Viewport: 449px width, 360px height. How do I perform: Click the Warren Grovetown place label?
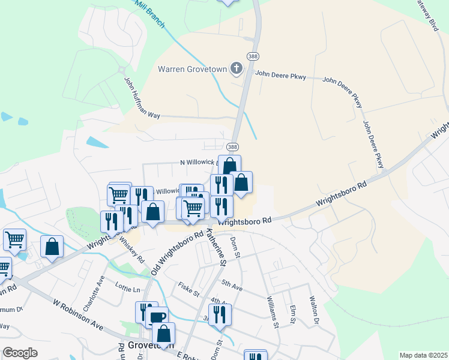click(x=193, y=69)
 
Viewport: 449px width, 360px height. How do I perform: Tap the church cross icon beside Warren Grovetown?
click(x=236, y=68)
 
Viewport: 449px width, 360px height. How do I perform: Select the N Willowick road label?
click(x=197, y=162)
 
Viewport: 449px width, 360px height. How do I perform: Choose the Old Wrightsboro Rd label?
click(x=176, y=252)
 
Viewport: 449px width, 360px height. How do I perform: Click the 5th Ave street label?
click(x=232, y=285)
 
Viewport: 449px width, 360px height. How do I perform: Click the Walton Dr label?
click(x=313, y=310)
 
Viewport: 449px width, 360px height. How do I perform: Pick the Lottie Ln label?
click(x=128, y=289)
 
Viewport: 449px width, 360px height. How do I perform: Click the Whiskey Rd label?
click(x=133, y=248)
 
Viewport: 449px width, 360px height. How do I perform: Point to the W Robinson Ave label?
click(x=78, y=316)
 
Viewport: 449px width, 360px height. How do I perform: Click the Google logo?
click(x=20, y=353)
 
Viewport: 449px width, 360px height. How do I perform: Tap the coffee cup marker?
click(x=157, y=317)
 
